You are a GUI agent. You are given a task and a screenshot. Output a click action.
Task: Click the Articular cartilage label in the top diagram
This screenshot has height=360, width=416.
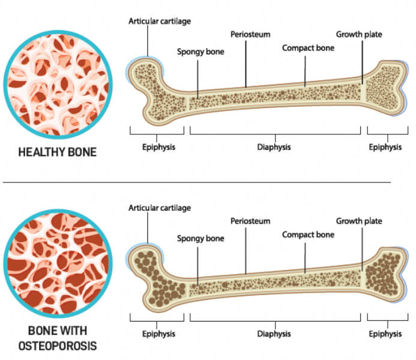pyautogui.click(x=160, y=20)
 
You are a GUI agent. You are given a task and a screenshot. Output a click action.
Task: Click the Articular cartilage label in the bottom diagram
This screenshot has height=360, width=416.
pyautogui.click(x=160, y=208)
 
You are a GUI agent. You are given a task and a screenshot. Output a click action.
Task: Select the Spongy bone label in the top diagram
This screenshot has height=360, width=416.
pyautogui.click(x=200, y=52)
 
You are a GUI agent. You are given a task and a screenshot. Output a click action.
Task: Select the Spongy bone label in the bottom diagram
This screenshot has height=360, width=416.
pyautogui.click(x=200, y=238)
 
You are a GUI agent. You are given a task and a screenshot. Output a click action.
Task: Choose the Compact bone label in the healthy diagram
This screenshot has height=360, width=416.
pyautogui.click(x=308, y=48)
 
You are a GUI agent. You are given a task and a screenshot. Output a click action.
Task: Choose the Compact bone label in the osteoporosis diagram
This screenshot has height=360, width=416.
pyautogui.click(x=308, y=235)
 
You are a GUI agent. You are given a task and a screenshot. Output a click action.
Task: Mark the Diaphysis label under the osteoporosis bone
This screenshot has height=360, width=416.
pyautogui.click(x=274, y=334)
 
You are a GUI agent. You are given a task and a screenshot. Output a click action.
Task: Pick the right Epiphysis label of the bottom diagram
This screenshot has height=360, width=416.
pyautogui.click(x=385, y=334)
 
